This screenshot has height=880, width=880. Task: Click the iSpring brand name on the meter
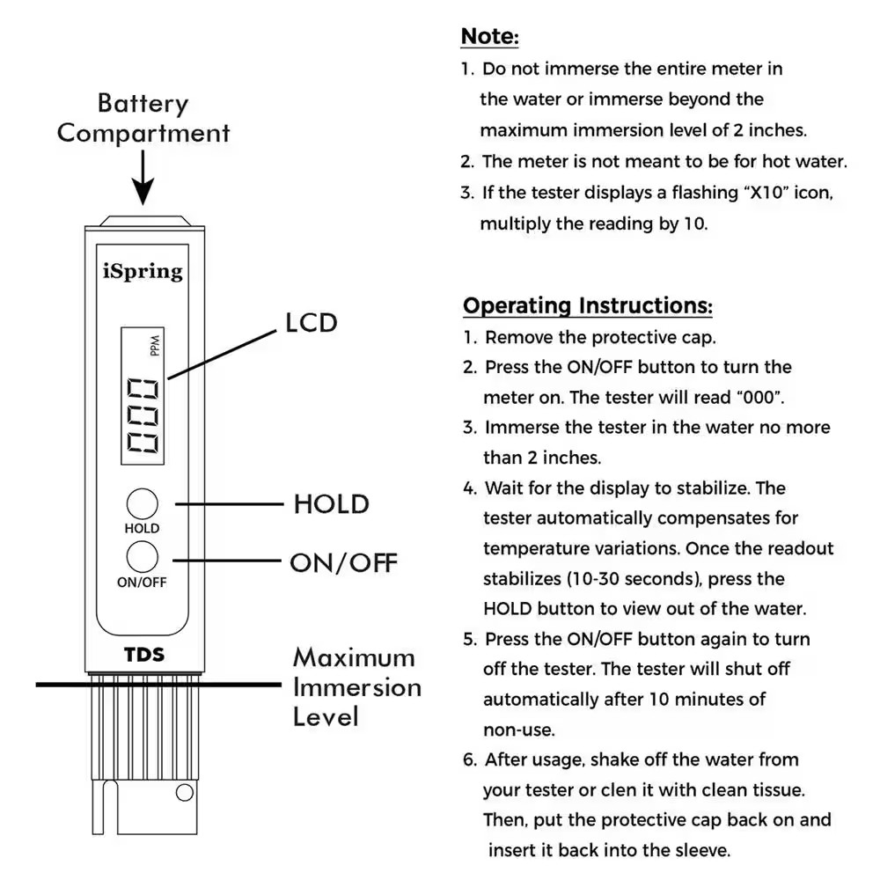coord(143,270)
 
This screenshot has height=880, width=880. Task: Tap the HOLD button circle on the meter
coord(142,504)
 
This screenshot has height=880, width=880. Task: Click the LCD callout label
coord(311,323)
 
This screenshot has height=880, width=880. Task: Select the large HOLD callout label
coord(331,504)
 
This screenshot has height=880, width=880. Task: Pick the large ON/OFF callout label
coord(344,562)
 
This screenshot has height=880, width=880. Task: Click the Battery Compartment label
coord(143,118)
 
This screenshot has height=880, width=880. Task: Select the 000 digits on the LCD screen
coord(143,416)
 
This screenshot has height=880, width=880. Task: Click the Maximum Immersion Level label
coord(356,687)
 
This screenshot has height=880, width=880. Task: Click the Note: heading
coord(490,37)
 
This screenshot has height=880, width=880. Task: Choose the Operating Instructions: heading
coord(588,305)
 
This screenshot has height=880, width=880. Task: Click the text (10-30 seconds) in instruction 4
coord(644,579)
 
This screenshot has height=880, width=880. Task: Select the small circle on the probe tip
coord(184,793)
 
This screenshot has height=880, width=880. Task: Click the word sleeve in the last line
coord(696,850)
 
